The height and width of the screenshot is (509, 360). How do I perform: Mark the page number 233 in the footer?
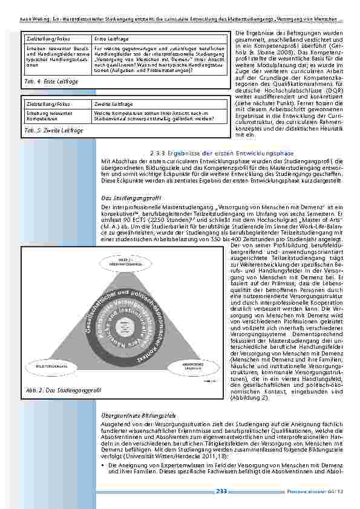[x=221, y=491]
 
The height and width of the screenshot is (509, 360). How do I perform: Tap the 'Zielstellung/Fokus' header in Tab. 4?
[x=44, y=39]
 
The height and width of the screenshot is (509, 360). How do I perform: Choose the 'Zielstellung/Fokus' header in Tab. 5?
[x=44, y=104]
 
